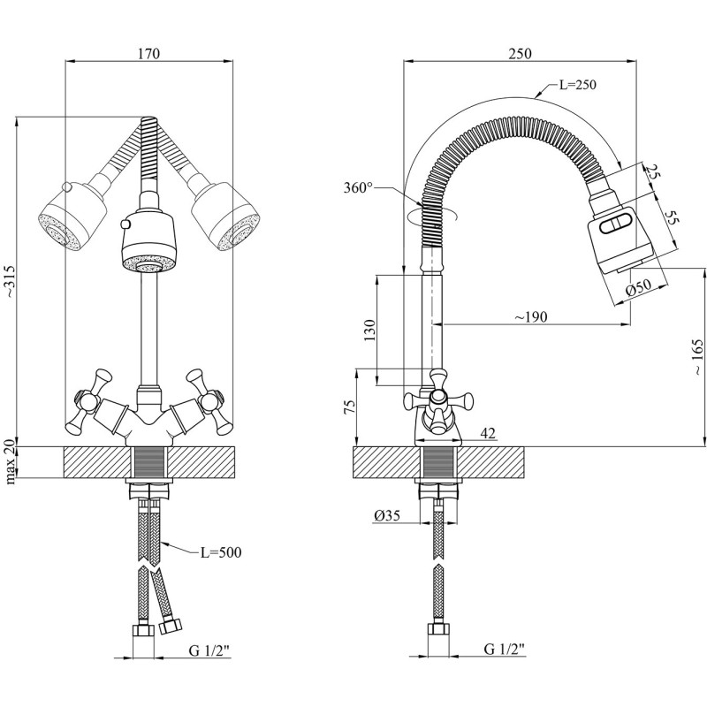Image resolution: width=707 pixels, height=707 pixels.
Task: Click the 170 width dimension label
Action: pos(148,53)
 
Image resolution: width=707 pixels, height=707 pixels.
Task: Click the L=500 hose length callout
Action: pos(219,552)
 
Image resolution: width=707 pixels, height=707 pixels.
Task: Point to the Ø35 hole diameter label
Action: pos(387,514)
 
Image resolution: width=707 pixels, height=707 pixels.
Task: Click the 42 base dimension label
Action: pos(488,432)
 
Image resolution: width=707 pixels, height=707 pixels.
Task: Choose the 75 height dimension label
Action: pos(350,407)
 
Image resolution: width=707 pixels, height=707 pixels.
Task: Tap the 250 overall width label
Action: pos(520,53)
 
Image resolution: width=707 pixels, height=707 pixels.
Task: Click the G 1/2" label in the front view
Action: pos(209,650)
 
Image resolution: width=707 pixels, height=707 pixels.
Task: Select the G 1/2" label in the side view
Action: pos(504,650)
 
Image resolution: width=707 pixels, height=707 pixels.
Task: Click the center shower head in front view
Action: pos(148,242)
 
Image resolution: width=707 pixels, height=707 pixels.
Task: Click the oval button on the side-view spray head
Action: pos(615,225)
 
